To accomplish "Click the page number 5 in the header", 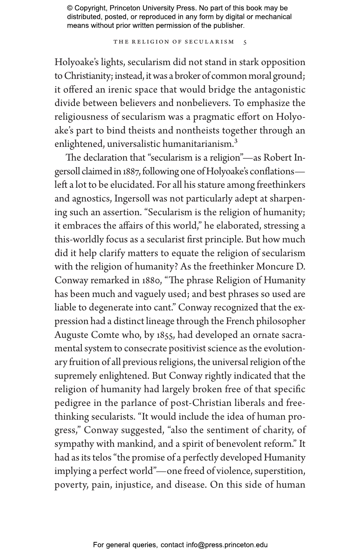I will click(245, 42).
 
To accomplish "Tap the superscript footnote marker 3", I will click(235, 141).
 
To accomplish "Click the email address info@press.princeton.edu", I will click(227, 545).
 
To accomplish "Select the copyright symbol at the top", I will click(70, 8).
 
